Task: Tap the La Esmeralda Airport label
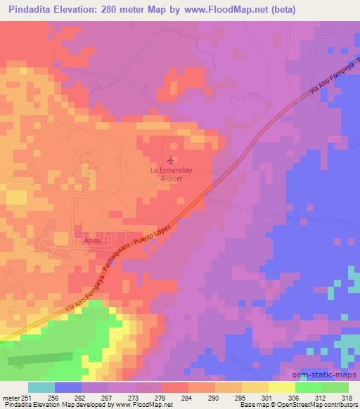pos(172,174)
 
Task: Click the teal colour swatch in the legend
pos(41,387)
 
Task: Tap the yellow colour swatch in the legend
pos(282,387)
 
